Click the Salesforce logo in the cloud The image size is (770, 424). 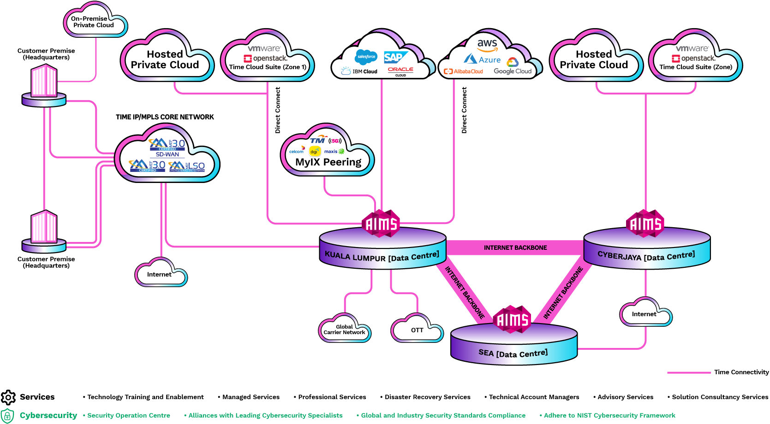click(x=366, y=57)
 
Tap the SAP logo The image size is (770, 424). click(x=395, y=57)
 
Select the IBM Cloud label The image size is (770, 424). click(x=359, y=71)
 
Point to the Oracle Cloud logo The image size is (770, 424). click(x=400, y=71)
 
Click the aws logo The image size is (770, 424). click(x=487, y=45)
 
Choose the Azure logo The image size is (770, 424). click(x=482, y=59)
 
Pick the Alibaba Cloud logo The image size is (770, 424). click(x=463, y=71)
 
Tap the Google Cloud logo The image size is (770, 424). click(x=513, y=68)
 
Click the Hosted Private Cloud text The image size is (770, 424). click(x=594, y=59)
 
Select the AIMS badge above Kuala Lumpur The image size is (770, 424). click(x=382, y=224)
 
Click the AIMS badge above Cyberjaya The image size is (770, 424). click(x=646, y=224)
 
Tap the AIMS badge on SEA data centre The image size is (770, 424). click(x=512, y=319)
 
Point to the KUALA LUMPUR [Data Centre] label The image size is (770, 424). click(x=382, y=256)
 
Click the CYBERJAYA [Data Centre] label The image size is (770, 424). click(x=646, y=255)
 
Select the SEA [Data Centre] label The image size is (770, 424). click(x=513, y=353)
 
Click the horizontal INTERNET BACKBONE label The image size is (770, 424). click(x=515, y=248)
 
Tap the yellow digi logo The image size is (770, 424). click(x=315, y=151)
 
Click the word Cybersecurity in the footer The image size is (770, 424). click(x=48, y=415)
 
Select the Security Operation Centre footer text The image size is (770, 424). click(x=128, y=416)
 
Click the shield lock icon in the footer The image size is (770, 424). click(x=7, y=416)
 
